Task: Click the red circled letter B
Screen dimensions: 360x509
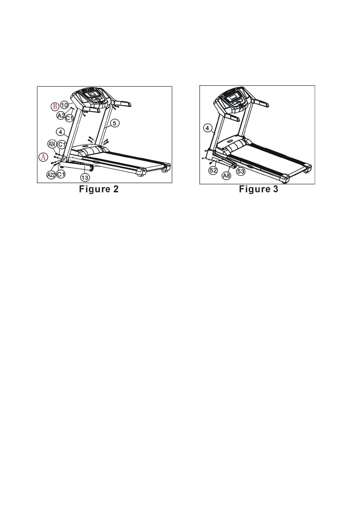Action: [x=55, y=106]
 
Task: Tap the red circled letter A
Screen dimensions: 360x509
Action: [x=43, y=157]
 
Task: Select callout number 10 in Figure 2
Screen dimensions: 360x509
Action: [x=65, y=105]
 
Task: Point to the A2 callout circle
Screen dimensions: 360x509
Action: [x=61, y=115]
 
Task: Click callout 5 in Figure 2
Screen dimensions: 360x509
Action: [x=115, y=123]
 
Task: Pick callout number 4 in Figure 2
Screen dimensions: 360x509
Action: [x=60, y=132]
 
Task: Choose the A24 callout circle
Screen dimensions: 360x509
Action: [x=52, y=144]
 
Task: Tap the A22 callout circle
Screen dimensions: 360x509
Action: [x=51, y=175]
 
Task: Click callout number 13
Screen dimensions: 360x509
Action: [x=85, y=177]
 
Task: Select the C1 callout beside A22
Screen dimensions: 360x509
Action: [x=61, y=174]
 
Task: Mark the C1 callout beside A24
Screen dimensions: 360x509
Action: [x=62, y=144]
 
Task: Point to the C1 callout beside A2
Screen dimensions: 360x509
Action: [x=69, y=118]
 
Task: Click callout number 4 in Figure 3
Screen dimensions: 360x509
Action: [x=208, y=128]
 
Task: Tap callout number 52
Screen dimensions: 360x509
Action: [x=213, y=170]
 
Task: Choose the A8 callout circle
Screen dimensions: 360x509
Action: [x=226, y=175]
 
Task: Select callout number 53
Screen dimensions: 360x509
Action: [x=241, y=171]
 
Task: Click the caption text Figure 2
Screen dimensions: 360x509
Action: [x=99, y=189]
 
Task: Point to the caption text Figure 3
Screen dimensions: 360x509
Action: [x=258, y=189]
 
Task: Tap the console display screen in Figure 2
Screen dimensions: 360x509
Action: [x=92, y=94]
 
